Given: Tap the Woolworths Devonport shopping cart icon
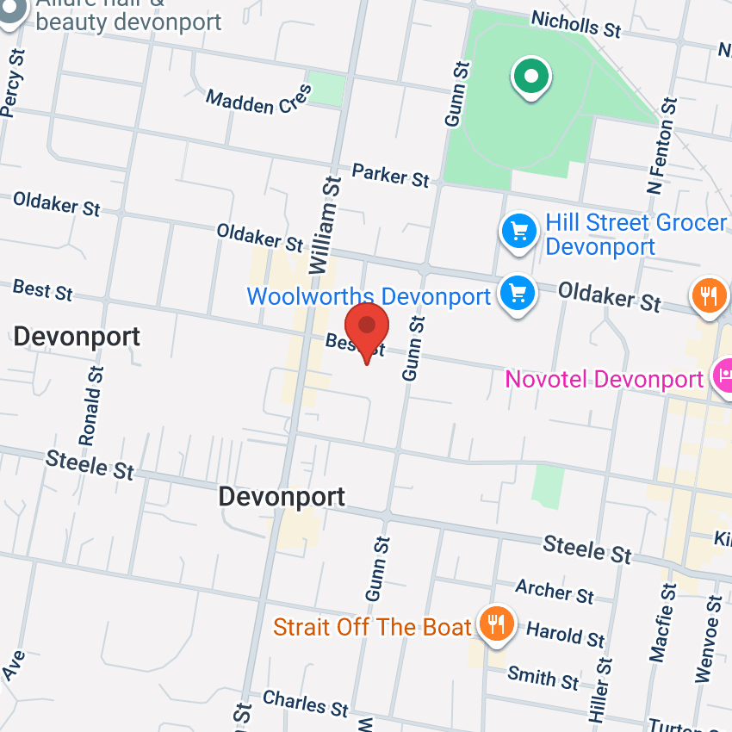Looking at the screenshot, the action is tap(518, 293).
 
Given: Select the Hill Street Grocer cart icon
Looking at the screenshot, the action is tap(518, 231).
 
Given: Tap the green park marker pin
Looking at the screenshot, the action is tap(531, 77).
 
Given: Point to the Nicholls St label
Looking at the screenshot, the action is tap(575, 24).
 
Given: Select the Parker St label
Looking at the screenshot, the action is tap(391, 175).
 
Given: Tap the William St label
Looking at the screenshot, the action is tap(323, 225).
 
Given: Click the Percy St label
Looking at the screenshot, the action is tap(12, 83).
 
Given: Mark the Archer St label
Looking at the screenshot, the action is tap(555, 591).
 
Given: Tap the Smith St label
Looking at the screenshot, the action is tap(543, 677).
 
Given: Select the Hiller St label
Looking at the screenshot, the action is tap(600, 692).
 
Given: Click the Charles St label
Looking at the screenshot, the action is tap(306, 704).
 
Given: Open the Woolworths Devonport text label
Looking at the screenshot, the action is tap(369, 296).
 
